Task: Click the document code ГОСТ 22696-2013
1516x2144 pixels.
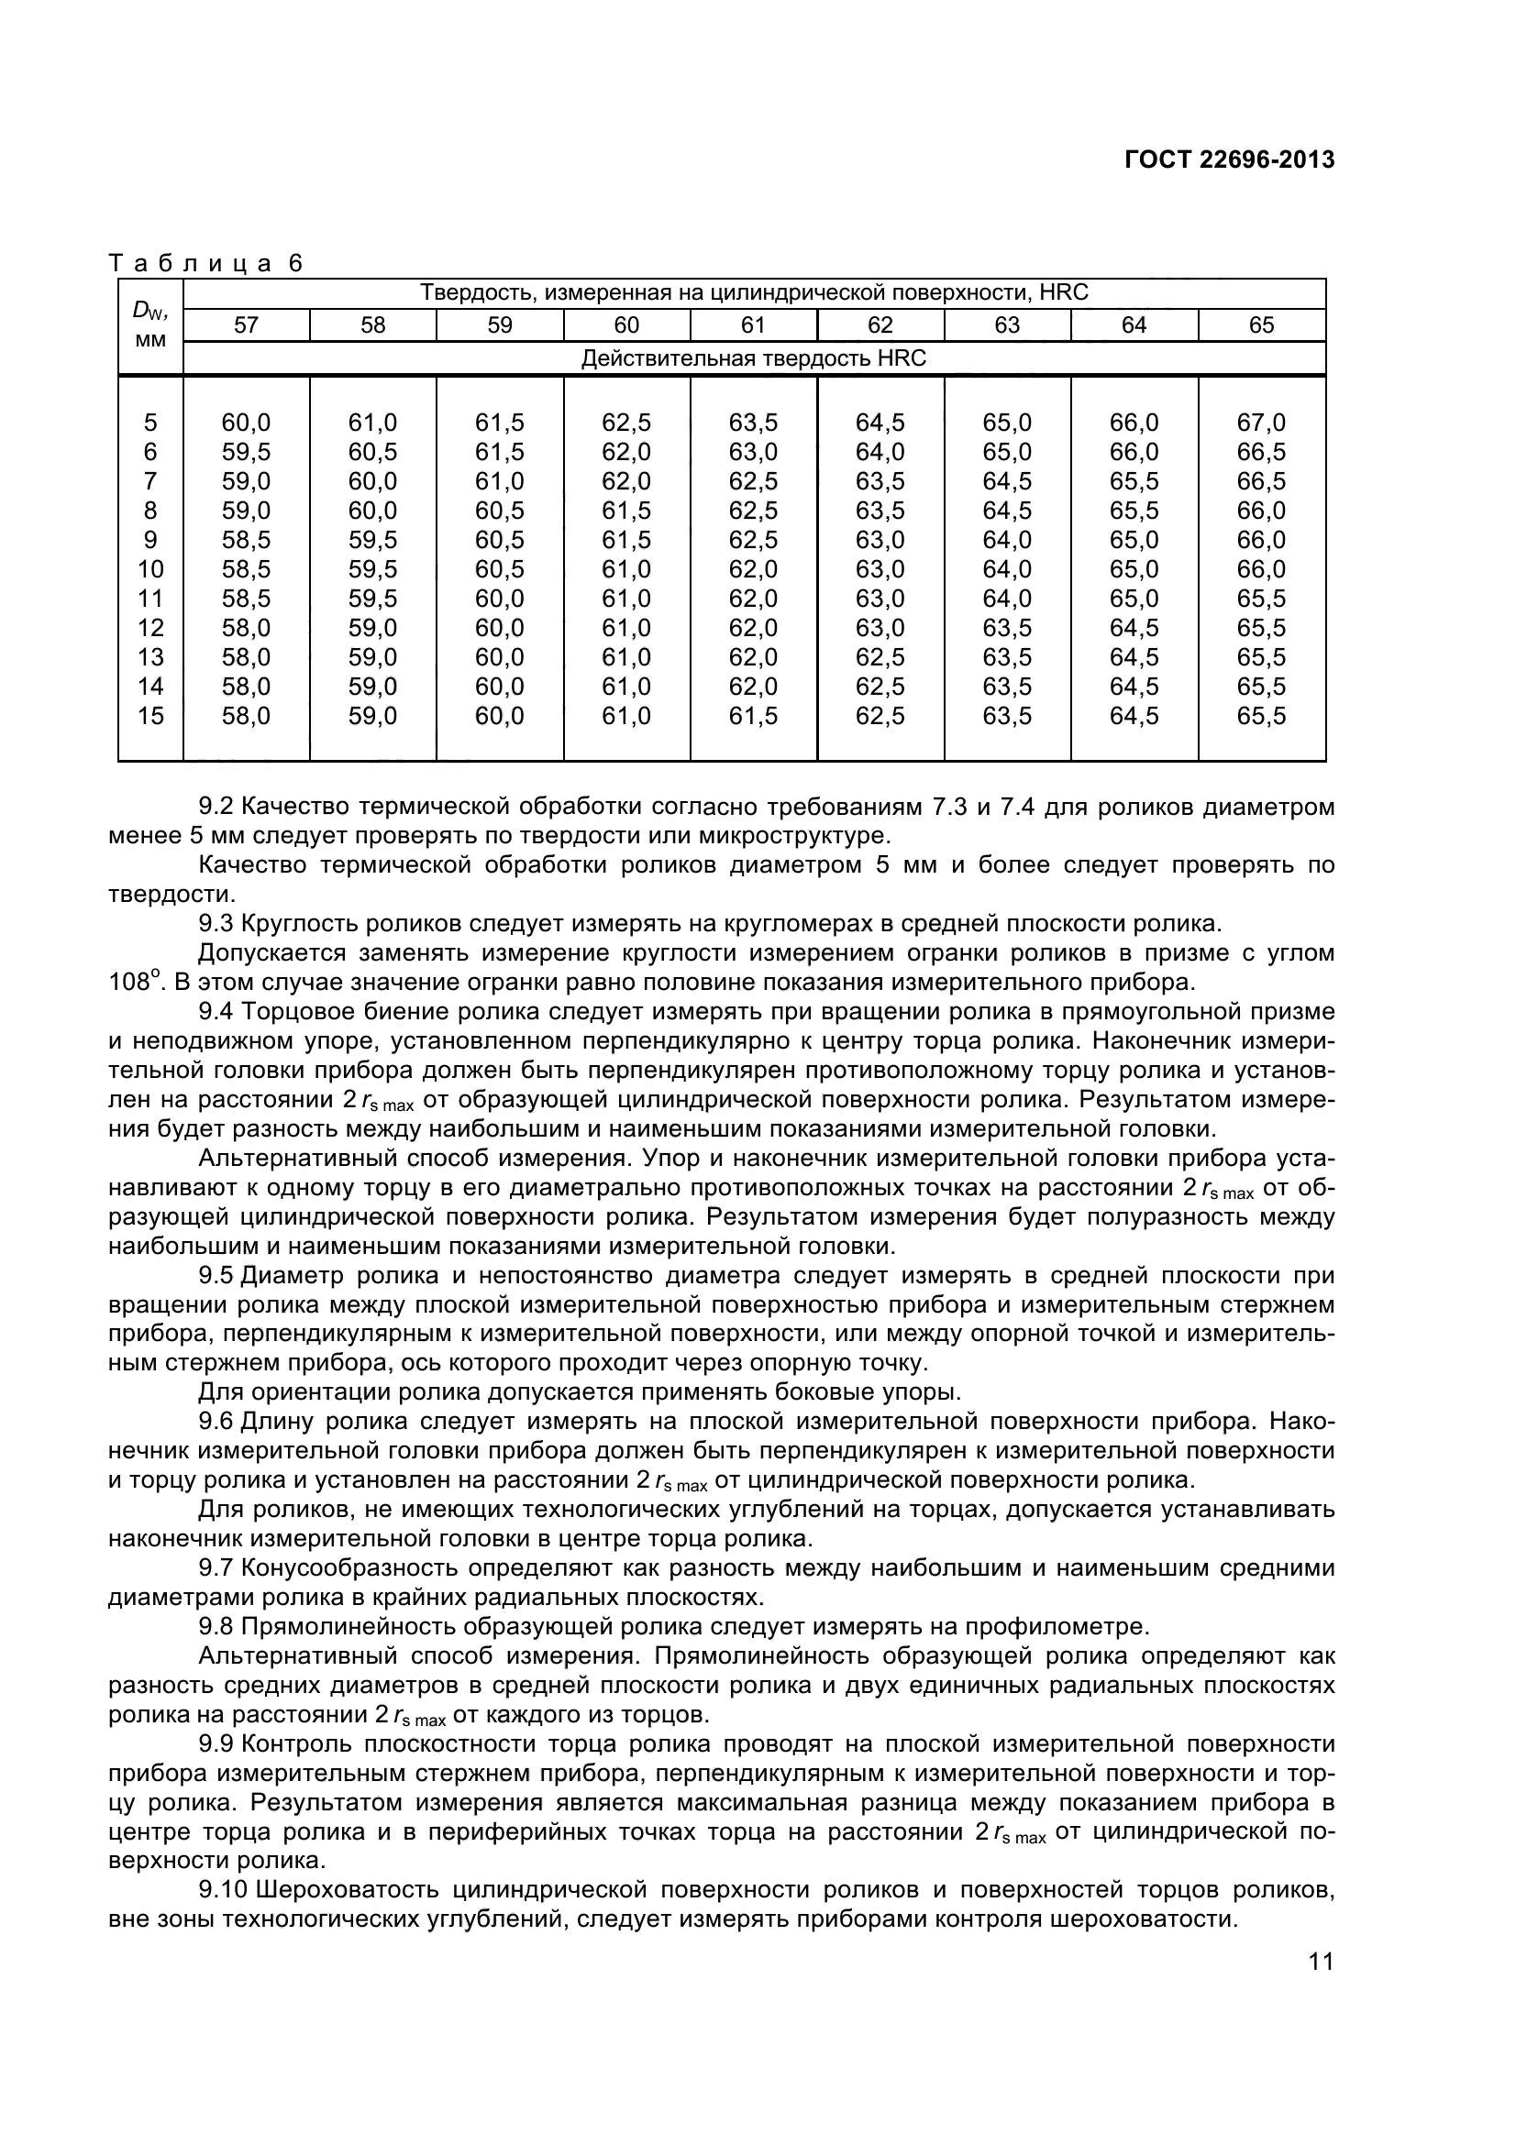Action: pyautogui.click(x=1228, y=159)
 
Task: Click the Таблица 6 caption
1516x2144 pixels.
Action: pyautogui.click(x=206, y=263)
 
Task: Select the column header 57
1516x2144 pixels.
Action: pyautogui.click(x=246, y=325)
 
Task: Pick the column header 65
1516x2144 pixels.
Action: pyautogui.click(x=1261, y=325)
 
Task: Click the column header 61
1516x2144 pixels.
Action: pyautogui.click(x=753, y=325)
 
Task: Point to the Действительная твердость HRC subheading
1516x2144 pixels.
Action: pyautogui.click(x=754, y=358)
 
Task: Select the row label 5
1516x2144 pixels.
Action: pyautogui.click(x=150, y=423)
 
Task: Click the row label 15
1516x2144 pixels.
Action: pyautogui.click(x=150, y=716)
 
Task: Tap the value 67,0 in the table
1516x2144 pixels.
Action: pyautogui.click(x=1261, y=423)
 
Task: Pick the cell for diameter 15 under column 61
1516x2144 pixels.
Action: pyautogui.click(x=753, y=716)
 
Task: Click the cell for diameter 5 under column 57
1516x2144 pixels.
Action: pyautogui.click(x=246, y=423)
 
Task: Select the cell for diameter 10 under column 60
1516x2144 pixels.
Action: pyautogui.click(x=625, y=569)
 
